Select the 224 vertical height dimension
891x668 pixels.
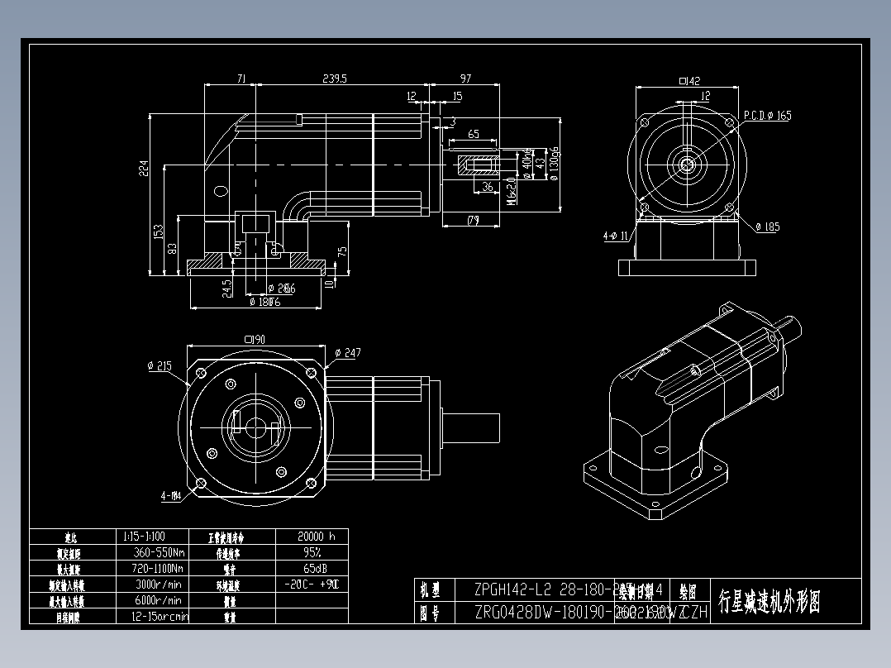click(x=143, y=169)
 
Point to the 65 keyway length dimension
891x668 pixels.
click(x=474, y=134)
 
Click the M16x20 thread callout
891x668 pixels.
click(x=512, y=191)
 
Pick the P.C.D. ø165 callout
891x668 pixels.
click(x=766, y=116)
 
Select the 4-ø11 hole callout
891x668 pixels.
click(x=617, y=236)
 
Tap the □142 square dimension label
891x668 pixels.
click(x=688, y=81)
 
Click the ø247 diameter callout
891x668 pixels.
click(x=347, y=354)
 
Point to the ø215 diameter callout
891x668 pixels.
click(x=160, y=366)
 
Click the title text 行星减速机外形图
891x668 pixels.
click(x=769, y=601)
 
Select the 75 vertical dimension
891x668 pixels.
click(x=343, y=250)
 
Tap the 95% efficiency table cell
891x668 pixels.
click(x=312, y=552)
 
